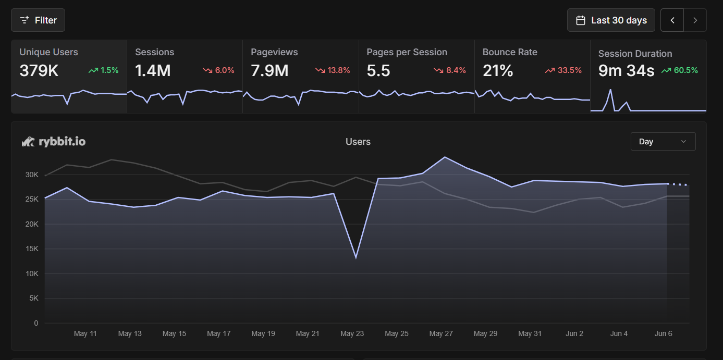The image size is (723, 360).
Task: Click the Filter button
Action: coord(38,20)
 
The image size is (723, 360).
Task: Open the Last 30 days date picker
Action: coord(611,20)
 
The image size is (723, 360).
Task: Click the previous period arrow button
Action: coord(672,20)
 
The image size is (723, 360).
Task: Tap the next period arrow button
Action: coord(695,20)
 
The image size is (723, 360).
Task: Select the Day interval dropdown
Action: coord(663,142)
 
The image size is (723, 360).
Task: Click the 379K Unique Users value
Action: coord(39,71)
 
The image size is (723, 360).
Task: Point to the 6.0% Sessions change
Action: coord(218,70)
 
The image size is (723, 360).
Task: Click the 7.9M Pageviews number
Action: coord(269,71)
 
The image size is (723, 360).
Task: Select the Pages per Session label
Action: coord(407,52)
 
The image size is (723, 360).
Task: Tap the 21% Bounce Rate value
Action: coord(498,71)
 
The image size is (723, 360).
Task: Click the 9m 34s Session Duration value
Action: coord(626,71)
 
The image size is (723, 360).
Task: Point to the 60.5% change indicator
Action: coord(680,70)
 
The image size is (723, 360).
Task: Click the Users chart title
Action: coord(358,142)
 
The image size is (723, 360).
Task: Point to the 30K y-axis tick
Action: coord(32,175)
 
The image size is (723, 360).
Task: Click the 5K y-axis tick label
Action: coord(33,299)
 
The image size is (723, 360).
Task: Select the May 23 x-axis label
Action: coord(352,333)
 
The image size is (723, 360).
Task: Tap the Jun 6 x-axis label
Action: coord(663,333)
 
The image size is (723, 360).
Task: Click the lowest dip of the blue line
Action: coord(356,258)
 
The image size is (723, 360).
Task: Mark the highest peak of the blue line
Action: coord(445,157)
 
